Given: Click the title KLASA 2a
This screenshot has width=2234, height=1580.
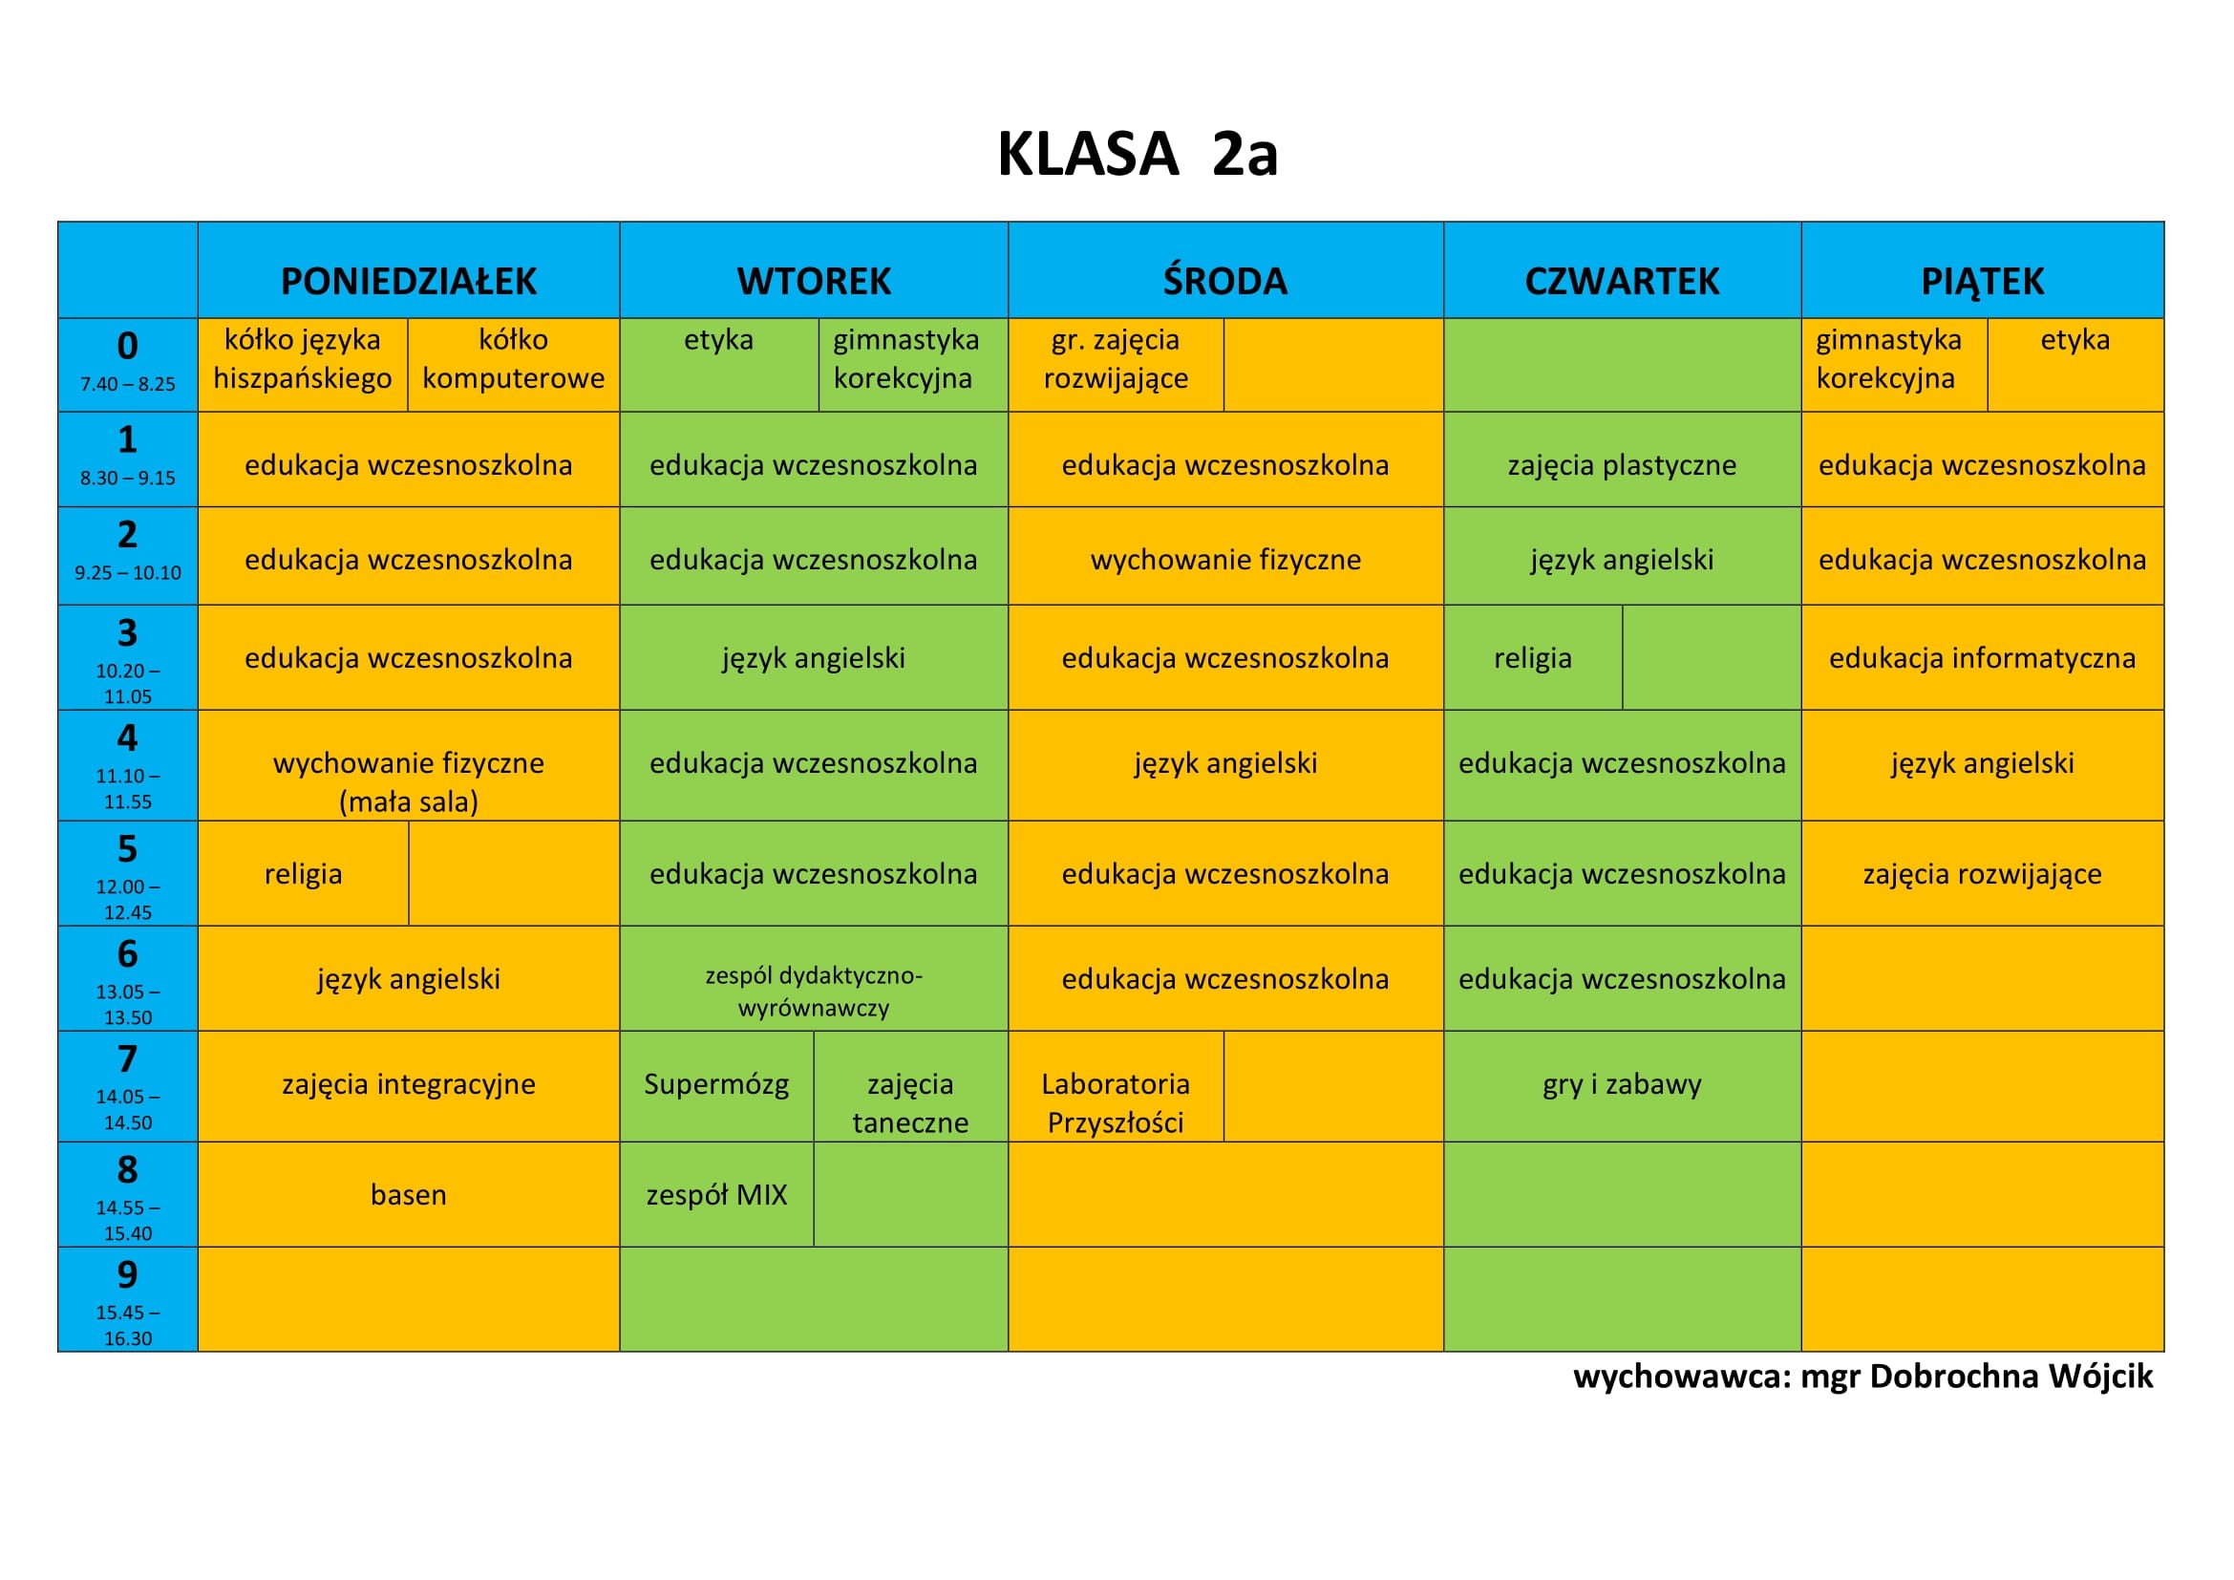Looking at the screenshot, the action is [1137, 154].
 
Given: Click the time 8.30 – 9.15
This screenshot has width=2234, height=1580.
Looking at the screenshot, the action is [127, 478].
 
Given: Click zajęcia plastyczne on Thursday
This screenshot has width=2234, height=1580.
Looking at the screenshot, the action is [1622, 465].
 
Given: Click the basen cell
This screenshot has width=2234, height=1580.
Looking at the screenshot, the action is [409, 1195].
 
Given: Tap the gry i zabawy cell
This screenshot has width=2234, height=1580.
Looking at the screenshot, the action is [1622, 1085].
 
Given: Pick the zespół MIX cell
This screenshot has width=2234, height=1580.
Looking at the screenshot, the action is [716, 1195].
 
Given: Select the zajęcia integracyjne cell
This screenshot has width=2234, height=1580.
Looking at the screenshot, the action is [409, 1085].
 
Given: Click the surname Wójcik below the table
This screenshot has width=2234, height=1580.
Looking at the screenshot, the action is [2100, 1377].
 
